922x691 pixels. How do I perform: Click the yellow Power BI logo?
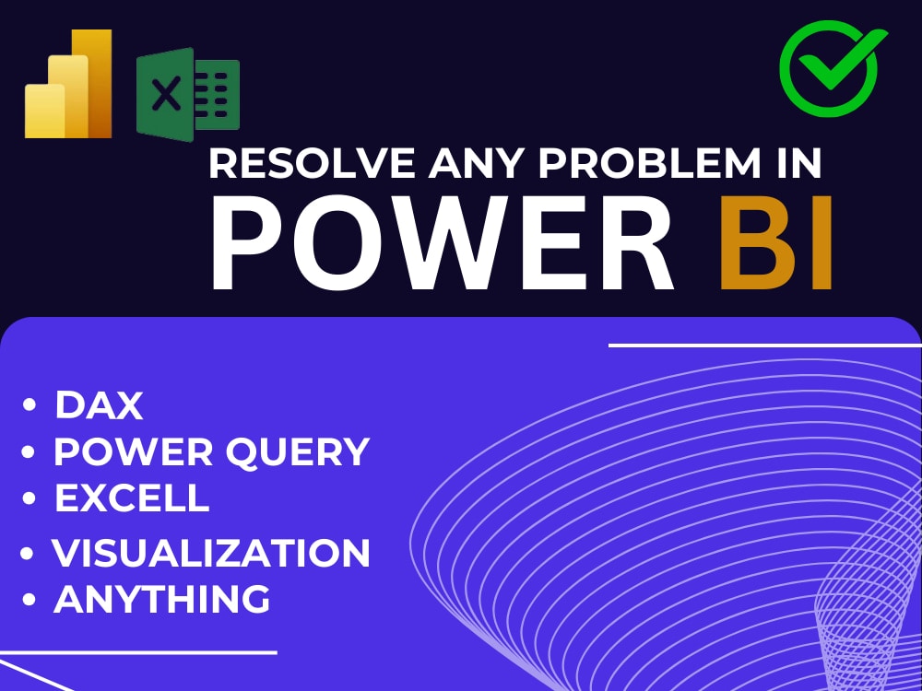tap(68, 85)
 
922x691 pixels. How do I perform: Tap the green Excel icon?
tap(188, 96)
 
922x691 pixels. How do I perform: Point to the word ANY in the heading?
tap(469, 165)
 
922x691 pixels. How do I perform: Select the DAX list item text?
tap(99, 404)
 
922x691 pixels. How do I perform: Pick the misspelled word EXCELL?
tap(132, 498)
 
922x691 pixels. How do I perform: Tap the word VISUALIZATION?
tap(211, 553)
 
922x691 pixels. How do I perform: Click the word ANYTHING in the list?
tap(162, 599)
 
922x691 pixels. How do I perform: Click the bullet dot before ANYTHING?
tap(30, 601)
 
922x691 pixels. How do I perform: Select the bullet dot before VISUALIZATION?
tap(30, 554)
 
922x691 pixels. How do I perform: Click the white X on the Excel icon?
tap(166, 96)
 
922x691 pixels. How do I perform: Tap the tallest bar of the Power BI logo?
tap(94, 83)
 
